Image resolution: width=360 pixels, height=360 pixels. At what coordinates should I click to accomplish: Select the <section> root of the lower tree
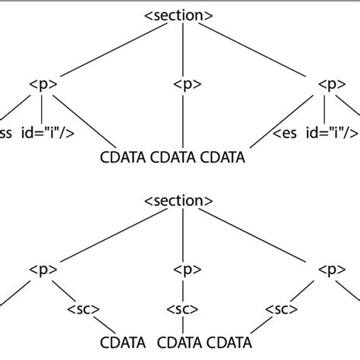tap(179, 204)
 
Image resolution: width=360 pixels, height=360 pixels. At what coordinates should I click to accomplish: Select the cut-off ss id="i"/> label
tap(26, 135)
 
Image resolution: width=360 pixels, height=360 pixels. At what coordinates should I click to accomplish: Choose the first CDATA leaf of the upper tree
tap(122, 159)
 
